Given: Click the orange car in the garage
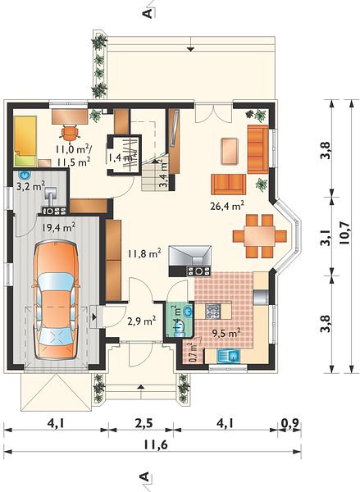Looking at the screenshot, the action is click(55, 299).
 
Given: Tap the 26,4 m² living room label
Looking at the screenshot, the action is click(227, 206).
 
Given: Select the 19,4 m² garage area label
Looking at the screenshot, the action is click(58, 227).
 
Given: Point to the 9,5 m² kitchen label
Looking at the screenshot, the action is click(226, 333).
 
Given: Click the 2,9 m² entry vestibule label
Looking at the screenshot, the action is click(142, 321).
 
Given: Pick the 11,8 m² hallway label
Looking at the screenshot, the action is click(144, 253).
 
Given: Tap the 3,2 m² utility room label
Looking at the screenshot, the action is click(30, 187).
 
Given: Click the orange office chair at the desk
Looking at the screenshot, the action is click(69, 132).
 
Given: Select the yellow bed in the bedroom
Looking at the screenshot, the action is click(25, 140).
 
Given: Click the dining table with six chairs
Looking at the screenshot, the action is click(260, 236).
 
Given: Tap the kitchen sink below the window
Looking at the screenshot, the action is click(229, 356).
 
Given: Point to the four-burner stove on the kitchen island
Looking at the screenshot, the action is click(212, 312).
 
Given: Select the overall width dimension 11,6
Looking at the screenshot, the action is click(156, 444).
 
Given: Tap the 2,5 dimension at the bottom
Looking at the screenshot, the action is click(144, 424).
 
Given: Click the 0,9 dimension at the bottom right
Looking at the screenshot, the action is click(290, 424).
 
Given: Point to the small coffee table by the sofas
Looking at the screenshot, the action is click(230, 151).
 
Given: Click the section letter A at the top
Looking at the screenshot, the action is click(147, 13).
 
